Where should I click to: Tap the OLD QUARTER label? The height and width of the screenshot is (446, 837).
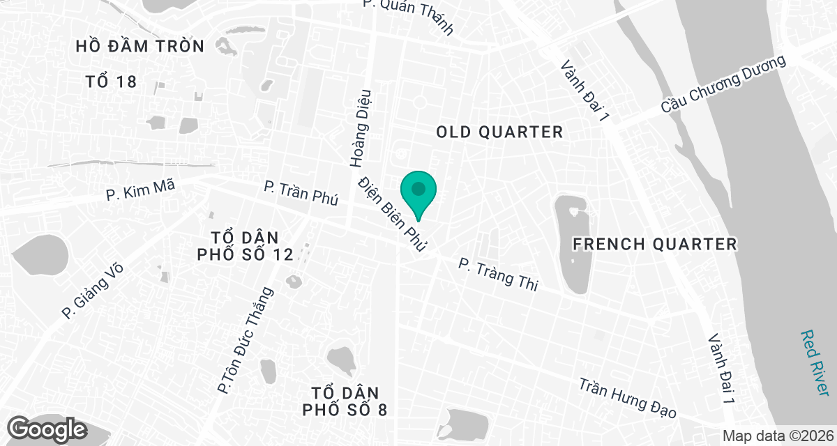(499, 132)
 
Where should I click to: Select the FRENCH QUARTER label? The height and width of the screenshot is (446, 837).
(654, 244)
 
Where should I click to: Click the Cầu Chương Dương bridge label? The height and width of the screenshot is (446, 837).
(723, 86)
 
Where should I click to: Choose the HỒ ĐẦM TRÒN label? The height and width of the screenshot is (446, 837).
(140, 47)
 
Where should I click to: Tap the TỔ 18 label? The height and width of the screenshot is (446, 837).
(111, 82)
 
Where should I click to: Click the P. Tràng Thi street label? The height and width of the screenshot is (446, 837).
(498, 275)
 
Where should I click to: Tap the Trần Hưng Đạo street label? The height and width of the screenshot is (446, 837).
(628, 399)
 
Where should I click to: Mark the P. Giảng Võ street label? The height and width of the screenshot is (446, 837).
(89, 289)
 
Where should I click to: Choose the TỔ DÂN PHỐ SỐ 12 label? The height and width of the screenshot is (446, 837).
(245, 245)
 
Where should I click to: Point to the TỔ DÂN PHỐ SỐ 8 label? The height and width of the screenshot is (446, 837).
(345, 400)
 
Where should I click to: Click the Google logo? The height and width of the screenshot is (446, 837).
(47, 428)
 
